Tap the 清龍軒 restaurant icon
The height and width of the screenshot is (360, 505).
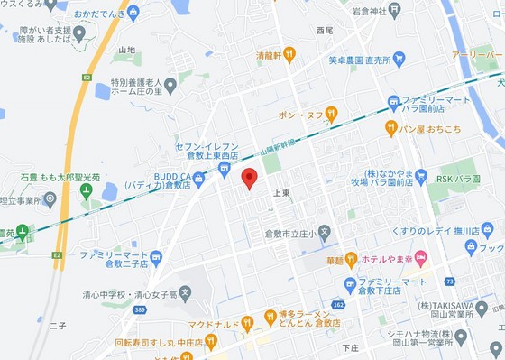[289, 55]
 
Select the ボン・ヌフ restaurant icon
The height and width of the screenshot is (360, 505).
[331, 115]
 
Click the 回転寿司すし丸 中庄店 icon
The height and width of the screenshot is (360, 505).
[212, 342]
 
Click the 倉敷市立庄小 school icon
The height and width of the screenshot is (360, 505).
[325, 233]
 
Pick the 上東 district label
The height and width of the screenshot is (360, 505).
[280, 194]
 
